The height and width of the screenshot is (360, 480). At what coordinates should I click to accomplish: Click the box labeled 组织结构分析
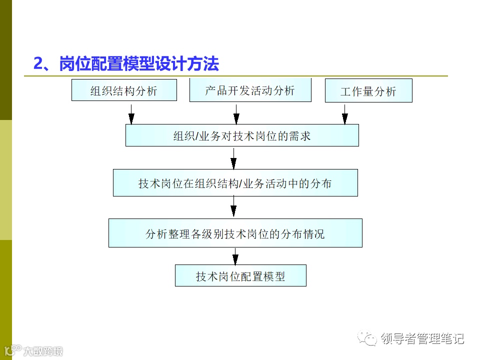pos(124,90)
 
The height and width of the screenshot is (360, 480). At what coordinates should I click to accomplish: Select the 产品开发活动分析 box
pos(250,90)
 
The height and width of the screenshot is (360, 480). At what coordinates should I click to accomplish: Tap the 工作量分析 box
pos(368,91)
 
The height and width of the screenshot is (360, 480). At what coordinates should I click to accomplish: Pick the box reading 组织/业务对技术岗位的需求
pos(242,135)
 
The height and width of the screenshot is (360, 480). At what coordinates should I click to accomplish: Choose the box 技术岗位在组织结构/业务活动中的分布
pos(235,183)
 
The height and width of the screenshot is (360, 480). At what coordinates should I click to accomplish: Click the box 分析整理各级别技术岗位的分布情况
pos(235,233)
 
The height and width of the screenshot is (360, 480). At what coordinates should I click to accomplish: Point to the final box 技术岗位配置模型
pos(240,275)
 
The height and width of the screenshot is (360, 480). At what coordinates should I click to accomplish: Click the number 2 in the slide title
pos(38,64)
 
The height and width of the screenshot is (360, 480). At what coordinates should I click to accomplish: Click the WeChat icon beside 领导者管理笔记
pos(371,339)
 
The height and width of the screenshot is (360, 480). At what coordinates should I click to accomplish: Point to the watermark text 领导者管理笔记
pos(423,339)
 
